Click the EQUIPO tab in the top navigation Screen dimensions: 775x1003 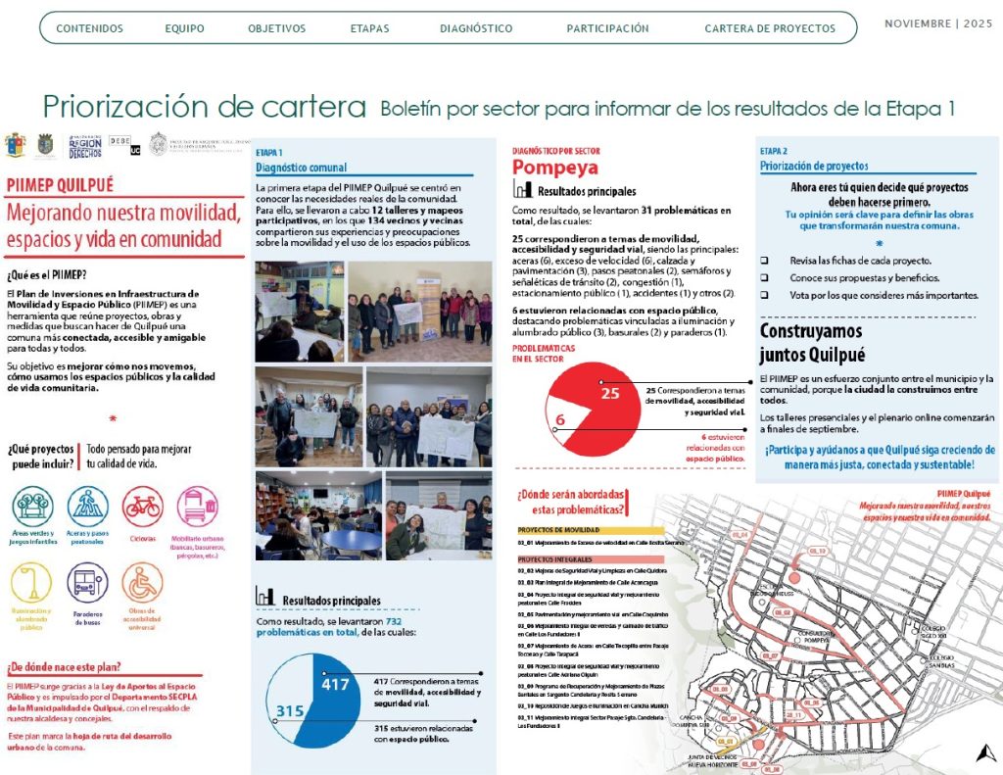(x=184, y=28)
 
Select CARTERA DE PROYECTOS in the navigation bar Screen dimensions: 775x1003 (x=770, y=28)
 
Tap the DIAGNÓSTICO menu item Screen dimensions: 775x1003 (x=476, y=28)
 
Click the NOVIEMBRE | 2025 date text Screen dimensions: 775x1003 (x=938, y=24)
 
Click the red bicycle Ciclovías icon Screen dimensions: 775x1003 (x=142, y=508)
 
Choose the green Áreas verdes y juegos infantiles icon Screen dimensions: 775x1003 (x=33, y=508)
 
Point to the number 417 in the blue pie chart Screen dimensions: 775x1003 (x=335, y=685)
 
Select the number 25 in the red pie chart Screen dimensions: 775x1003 (x=611, y=394)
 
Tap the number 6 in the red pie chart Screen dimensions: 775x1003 (x=559, y=421)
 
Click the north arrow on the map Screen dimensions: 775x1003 (x=982, y=752)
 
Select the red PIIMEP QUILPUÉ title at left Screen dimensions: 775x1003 (x=61, y=184)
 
